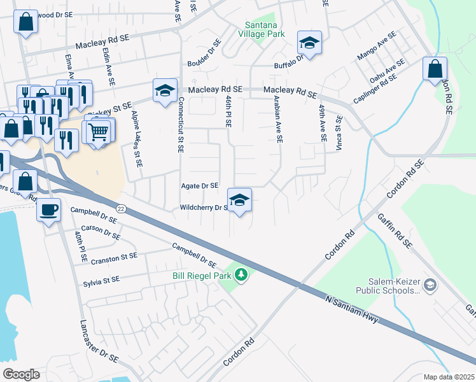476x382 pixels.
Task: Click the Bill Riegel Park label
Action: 202,276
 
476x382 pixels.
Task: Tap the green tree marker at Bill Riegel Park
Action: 241,275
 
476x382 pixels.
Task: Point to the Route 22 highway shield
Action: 121,208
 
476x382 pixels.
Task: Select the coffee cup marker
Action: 49,209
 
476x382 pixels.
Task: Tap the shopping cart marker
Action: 99,132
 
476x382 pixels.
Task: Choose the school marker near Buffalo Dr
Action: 309,43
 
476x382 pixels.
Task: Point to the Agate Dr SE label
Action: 200,186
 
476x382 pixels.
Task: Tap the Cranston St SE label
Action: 114,257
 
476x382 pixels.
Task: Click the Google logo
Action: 21,374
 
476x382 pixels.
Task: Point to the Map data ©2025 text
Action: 448,377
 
